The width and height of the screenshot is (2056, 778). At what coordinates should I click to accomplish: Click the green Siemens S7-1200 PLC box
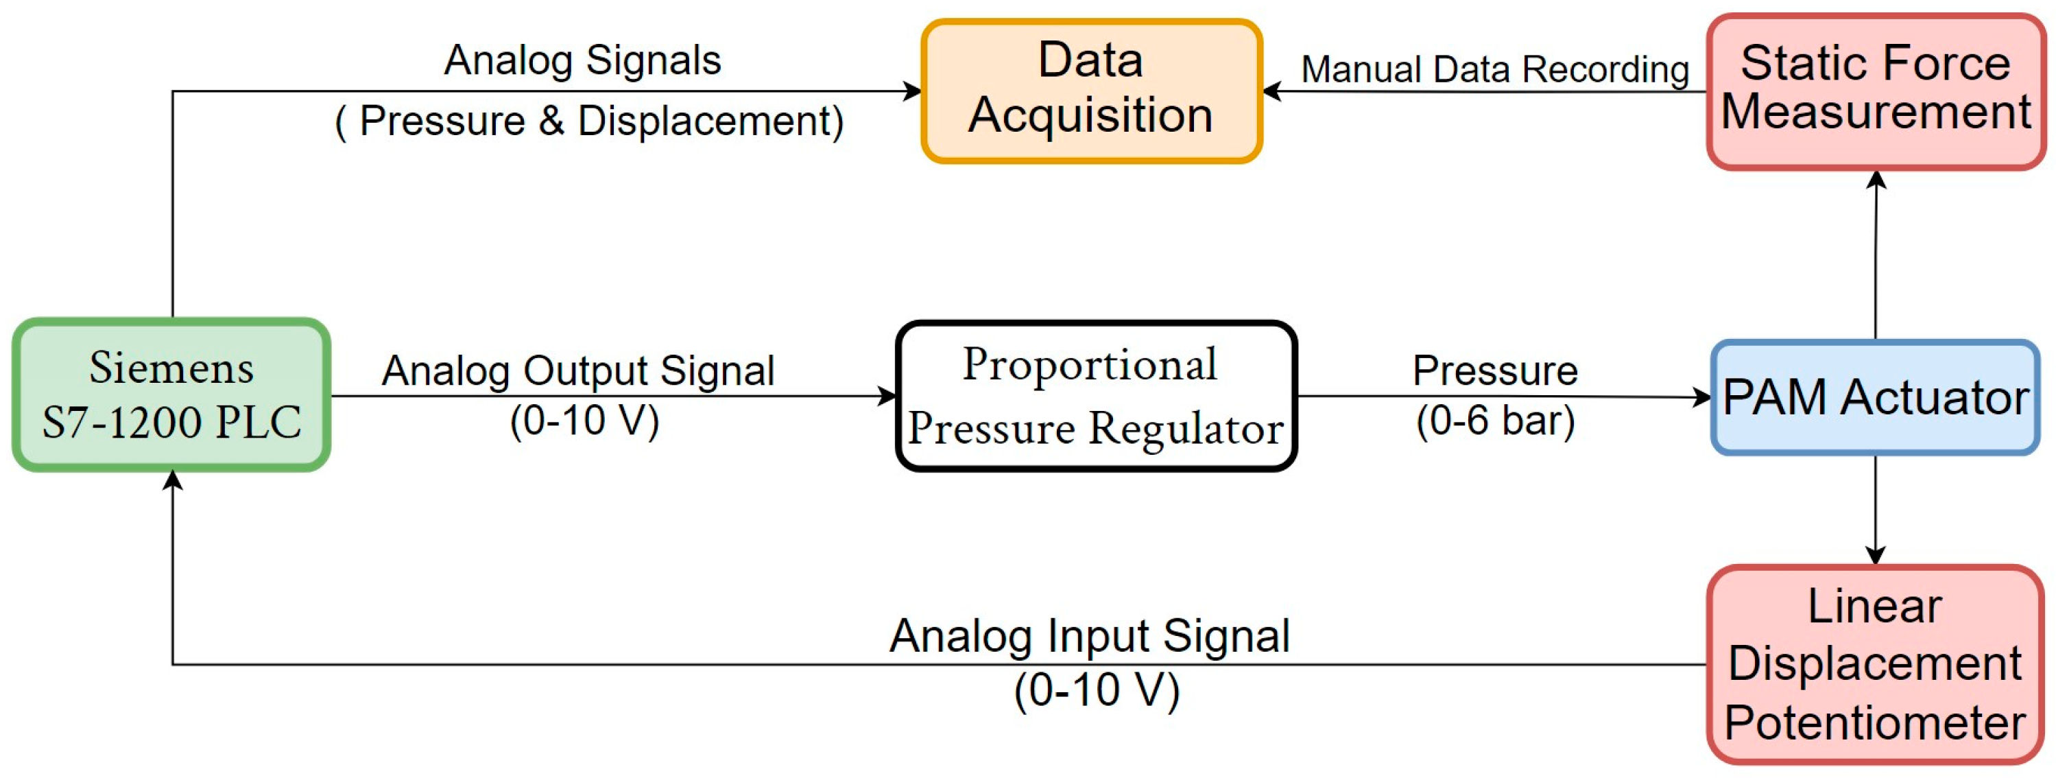[x=171, y=394]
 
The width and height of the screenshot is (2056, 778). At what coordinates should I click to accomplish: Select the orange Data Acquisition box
[x=1091, y=91]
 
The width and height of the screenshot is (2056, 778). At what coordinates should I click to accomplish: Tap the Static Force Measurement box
[x=1876, y=91]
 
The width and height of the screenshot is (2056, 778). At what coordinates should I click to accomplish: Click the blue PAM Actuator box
[x=1876, y=397]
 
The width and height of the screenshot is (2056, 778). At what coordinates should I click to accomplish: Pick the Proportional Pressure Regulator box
[x=1096, y=396]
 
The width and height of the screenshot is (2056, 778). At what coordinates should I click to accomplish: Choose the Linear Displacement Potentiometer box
[x=1876, y=665]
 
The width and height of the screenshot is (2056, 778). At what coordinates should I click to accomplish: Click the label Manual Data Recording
[x=1494, y=69]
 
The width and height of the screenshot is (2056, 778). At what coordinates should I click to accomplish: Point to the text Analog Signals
[x=583, y=60]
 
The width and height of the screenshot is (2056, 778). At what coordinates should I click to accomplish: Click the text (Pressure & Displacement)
[x=589, y=121]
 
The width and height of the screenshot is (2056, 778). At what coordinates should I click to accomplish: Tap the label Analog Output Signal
[x=578, y=370]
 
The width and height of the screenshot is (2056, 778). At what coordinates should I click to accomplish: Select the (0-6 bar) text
[x=1495, y=421]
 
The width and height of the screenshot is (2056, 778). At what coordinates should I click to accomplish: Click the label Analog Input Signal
[x=1090, y=637]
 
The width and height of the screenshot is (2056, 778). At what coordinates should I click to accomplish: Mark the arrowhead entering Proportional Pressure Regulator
[x=887, y=395]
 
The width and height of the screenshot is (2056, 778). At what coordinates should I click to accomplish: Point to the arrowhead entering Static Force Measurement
[x=1876, y=180]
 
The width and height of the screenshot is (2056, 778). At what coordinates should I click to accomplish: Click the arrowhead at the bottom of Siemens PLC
[x=172, y=480]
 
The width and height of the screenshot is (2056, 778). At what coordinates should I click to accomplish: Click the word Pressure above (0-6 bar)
[x=1495, y=370]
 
